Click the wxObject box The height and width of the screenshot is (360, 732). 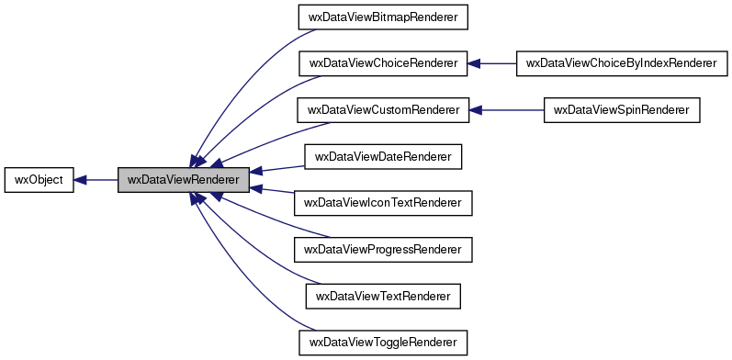tap(39, 180)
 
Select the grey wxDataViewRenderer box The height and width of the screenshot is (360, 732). tap(184, 180)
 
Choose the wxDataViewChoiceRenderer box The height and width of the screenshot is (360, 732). tap(383, 63)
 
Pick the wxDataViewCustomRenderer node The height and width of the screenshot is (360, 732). tap(383, 110)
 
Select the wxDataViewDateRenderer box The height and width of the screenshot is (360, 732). tap(383, 157)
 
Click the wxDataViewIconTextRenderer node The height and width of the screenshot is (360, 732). tap(383, 203)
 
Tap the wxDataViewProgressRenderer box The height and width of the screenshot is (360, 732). tap(383, 250)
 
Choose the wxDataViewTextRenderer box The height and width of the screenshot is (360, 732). tap(383, 297)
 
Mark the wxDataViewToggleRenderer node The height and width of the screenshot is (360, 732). tap(383, 343)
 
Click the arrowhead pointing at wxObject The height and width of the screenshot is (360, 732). tap(80, 180)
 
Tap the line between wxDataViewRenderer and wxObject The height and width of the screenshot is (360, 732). tap(101, 180)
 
